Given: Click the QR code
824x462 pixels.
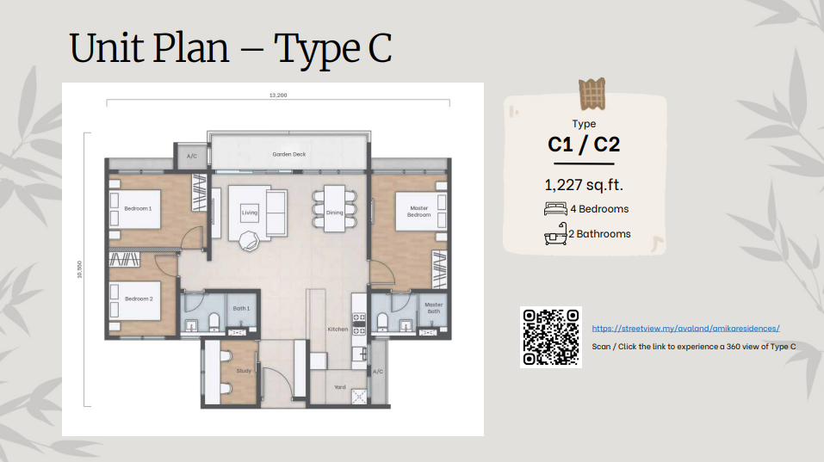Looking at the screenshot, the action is [x=551, y=337].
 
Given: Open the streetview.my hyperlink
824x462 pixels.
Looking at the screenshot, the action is [x=685, y=329].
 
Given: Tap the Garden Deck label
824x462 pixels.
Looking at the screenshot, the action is [x=289, y=154].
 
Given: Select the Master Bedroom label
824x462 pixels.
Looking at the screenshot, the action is [x=418, y=212].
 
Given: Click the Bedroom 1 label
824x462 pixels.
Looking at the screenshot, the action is [x=138, y=208].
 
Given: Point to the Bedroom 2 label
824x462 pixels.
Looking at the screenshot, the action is [x=139, y=299].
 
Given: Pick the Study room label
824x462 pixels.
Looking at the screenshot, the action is [x=244, y=371].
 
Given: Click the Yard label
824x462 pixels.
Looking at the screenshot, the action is [x=340, y=387].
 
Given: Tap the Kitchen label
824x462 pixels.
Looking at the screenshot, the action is [x=338, y=330].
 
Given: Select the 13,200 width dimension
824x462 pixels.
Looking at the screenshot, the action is [x=278, y=95].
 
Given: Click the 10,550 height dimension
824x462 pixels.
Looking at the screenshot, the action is [x=80, y=269].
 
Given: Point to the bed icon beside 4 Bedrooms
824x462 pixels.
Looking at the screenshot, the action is [x=556, y=209].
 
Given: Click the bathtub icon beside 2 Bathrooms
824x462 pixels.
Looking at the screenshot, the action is [x=556, y=234].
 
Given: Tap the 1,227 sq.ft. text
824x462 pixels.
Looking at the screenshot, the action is [x=584, y=185].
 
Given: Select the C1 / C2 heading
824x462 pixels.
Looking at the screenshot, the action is [x=584, y=145].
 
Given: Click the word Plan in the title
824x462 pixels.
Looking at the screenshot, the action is [x=191, y=48].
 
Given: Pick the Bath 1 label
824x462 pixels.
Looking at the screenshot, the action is [x=241, y=308].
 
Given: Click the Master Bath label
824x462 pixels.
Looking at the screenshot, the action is [x=434, y=308].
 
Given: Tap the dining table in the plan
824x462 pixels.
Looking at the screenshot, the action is [x=334, y=208].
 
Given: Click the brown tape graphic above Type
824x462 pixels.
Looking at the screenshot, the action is [x=592, y=94].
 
